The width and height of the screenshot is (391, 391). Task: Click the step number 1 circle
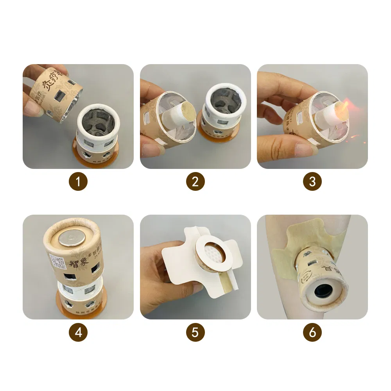(78, 181)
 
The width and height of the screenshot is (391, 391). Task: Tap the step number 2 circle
(195, 181)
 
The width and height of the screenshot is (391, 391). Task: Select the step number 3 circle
(312, 181)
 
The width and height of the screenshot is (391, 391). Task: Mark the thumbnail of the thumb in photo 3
(303, 150)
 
